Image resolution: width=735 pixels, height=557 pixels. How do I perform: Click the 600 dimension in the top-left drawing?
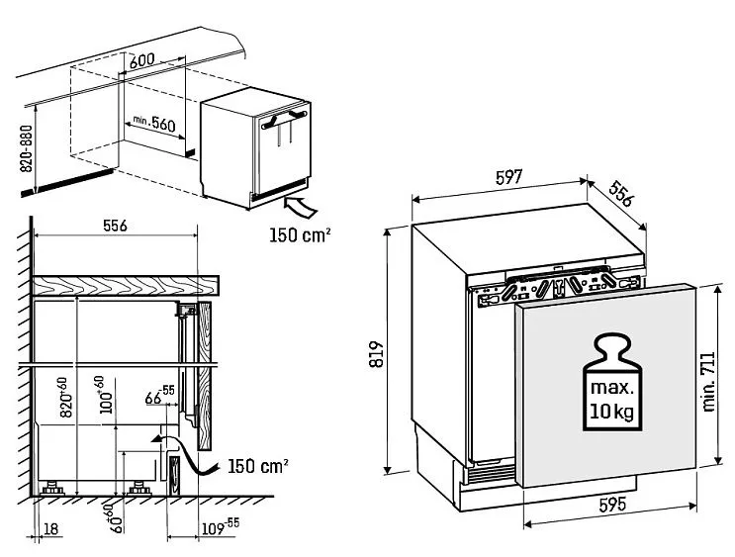142,59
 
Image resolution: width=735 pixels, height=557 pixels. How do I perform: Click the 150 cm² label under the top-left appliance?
299,235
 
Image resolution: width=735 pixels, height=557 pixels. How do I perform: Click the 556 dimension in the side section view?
116,225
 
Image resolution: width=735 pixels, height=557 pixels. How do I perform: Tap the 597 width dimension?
507,177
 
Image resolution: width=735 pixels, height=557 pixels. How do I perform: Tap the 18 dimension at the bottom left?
52,529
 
